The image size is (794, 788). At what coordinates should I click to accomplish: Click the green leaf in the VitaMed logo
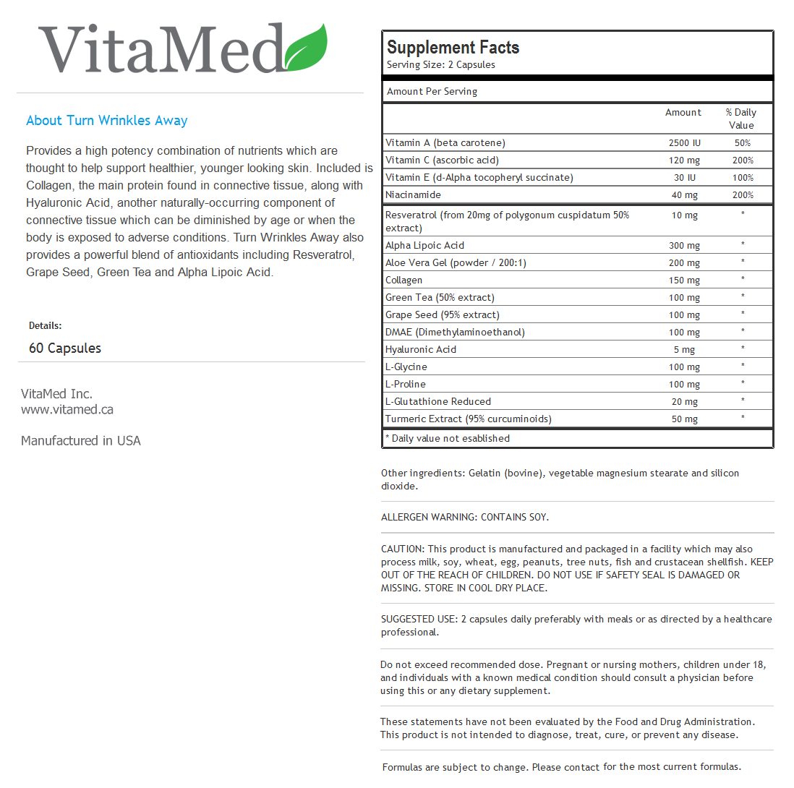[307, 49]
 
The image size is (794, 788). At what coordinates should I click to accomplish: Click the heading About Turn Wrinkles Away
[107, 121]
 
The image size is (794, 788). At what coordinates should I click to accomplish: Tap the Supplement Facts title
[453, 48]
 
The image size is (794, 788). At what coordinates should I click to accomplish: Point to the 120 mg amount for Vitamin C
[683, 160]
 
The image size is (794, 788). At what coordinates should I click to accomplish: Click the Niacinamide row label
[413, 194]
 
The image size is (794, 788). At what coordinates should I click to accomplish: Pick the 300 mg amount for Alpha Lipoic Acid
[683, 246]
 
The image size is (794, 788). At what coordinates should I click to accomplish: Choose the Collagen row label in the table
[404, 280]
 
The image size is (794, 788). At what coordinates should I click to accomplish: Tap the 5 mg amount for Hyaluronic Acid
[683, 350]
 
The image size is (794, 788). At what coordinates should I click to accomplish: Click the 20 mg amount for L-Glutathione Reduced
[683, 402]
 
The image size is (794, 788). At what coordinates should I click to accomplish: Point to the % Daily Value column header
[741, 119]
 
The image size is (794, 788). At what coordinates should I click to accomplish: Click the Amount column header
[683, 113]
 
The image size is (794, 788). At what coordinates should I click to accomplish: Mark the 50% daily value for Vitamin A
[742, 143]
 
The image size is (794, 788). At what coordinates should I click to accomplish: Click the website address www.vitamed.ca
[67, 410]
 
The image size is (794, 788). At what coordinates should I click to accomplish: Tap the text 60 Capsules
[65, 348]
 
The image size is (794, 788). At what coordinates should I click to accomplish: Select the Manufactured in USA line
[81, 441]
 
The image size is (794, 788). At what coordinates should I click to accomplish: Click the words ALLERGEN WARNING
[423, 518]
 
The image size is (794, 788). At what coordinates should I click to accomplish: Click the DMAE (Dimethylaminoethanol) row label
[455, 332]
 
